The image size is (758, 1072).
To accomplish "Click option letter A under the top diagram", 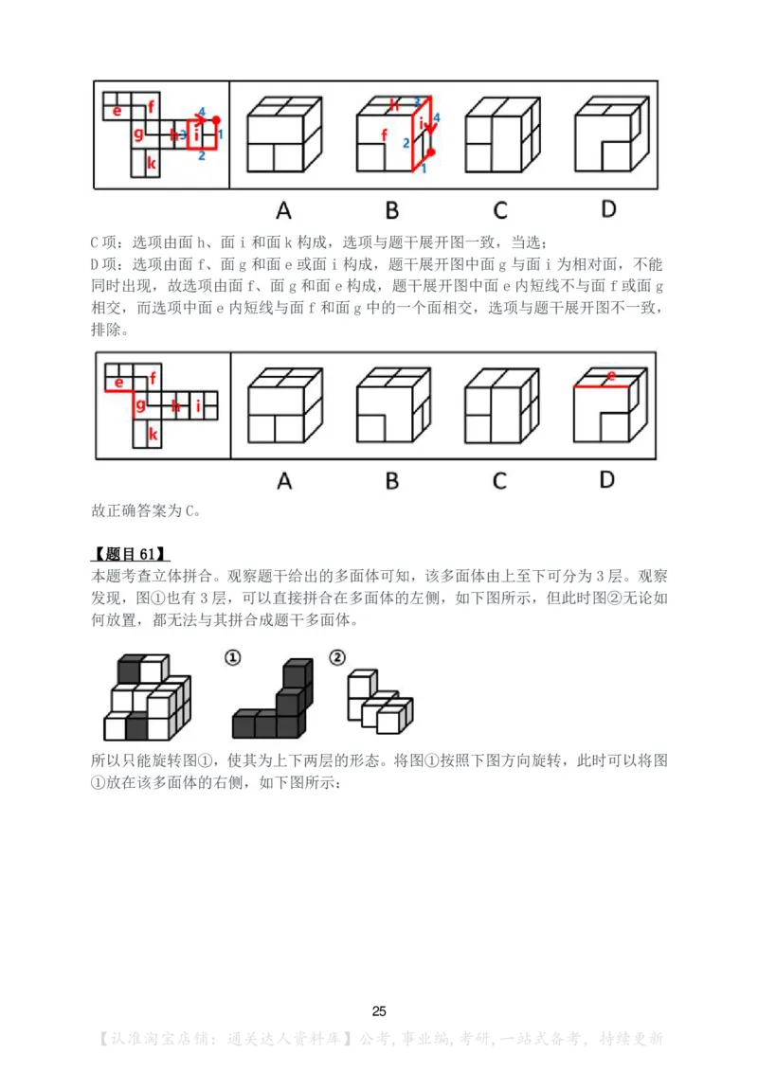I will pyautogui.click(x=283, y=209).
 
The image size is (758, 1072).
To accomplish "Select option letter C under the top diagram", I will pyautogui.click(x=499, y=209).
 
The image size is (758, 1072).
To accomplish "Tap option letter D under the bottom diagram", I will pyautogui.click(x=607, y=480).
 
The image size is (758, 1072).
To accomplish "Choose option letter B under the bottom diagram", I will pyautogui.click(x=391, y=481).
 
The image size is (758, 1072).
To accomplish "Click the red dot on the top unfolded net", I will pyautogui.click(x=217, y=120).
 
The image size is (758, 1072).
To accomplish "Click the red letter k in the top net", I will pyautogui.click(x=152, y=162).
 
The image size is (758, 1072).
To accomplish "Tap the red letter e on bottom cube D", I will pyautogui.click(x=611, y=376).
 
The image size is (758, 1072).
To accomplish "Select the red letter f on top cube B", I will pyautogui.click(x=384, y=135).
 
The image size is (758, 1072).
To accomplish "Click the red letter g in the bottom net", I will pyautogui.click(x=140, y=405).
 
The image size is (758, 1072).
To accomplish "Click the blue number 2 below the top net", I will pyautogui.click(x=201, y=156).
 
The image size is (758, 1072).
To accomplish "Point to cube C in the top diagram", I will pyautogui.click(x=500, y=134).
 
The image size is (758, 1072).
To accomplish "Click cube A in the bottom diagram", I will pyautogui.click(x=283, y=406).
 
